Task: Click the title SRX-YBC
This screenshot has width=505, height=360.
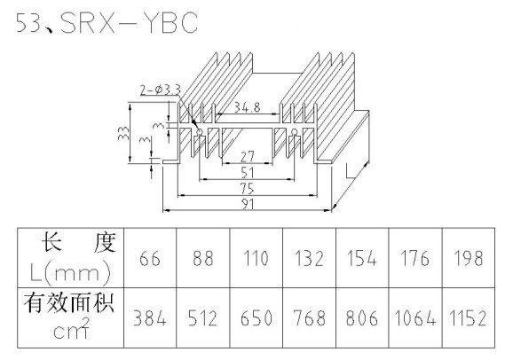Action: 129,22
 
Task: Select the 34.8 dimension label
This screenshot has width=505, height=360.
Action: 247,107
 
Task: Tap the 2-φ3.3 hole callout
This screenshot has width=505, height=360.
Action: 161,90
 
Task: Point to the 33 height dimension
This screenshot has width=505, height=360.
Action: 123,133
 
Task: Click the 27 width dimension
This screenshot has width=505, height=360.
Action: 248,157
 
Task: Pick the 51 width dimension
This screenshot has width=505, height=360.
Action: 248,173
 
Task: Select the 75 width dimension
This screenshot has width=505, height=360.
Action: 248,189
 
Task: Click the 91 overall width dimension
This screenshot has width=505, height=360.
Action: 248,204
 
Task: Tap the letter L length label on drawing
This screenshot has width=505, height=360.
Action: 350,171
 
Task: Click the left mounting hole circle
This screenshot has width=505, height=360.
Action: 200,131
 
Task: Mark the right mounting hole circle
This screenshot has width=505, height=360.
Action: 294,131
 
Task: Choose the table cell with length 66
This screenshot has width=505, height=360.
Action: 150,258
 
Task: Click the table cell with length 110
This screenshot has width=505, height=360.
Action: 256,258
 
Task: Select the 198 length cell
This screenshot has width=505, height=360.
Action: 469,258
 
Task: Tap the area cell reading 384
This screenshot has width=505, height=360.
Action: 150,317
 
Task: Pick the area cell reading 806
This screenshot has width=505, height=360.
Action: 362,317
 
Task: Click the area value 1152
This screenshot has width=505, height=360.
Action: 469,317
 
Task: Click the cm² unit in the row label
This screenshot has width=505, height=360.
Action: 71,329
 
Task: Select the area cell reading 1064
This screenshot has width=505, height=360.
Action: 415,317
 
